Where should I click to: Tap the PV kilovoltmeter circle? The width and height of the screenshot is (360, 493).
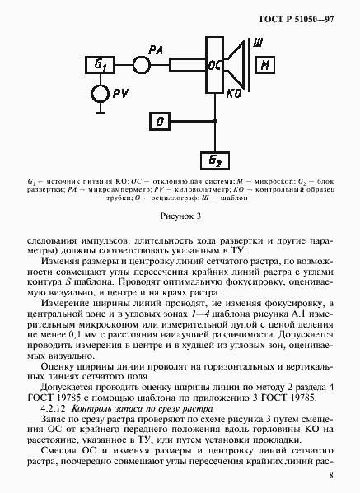pyautogui.click(x=101, y=94)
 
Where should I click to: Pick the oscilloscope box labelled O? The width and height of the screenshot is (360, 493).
pyautogui.click(x=160, y=122)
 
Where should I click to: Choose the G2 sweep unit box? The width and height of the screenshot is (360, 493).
pyautogui.click(x=215, y=160)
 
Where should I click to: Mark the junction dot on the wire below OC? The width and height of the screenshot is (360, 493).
pyautogui.click(x=215, y=122)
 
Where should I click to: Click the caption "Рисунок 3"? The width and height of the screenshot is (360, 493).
pyautogui.click(x=180, y=216)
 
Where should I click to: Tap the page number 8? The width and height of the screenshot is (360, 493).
pyautogui.click(x=330, y=475)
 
